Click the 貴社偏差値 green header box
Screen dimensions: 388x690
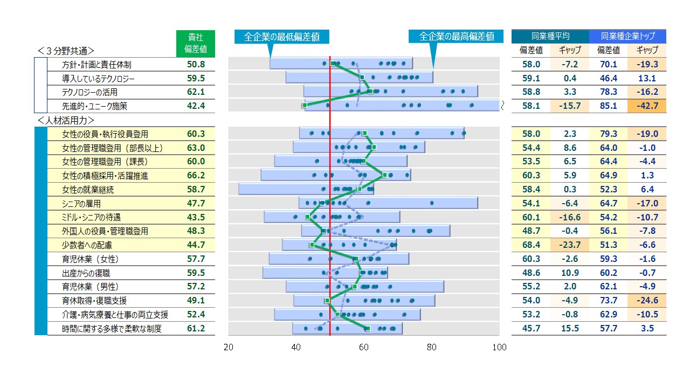click(x=195, y=44)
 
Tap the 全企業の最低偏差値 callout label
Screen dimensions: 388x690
click(x=281, y=37)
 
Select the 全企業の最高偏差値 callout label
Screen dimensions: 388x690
click(x=456, y=37)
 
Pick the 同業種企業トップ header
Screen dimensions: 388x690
click(x=627, y=37)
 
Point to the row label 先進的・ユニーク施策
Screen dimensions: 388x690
click(x=95, y=106)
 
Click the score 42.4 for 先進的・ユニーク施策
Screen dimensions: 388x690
click(x=195, y=106)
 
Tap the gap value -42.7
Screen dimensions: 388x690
click(x=647, y=106)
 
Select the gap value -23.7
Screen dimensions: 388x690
click(x=570, y=245)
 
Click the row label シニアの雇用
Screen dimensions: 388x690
click(x=81, y=204)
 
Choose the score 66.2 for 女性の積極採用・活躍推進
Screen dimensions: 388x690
click(x=195, y=176)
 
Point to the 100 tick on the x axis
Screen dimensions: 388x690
click(x=499, y=348)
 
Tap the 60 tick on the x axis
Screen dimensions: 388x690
click(x=364, y=348)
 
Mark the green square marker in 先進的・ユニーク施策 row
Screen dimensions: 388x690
click(x=305, y=105)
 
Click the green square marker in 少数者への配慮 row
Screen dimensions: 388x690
click(x=312, y=245)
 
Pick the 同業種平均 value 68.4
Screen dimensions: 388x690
click(x=531, y=245)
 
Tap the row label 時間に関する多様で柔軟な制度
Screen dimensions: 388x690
click(x=112, y=329)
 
